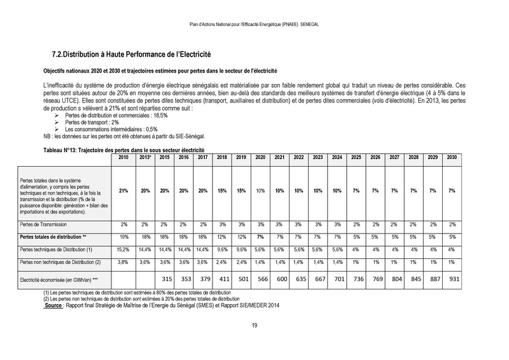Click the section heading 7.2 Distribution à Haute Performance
point(130,57)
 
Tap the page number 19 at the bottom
point(254,326)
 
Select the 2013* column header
point(145,156)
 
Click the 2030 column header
point(452,156)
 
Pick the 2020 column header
point(260,156)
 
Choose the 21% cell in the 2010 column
point(124,190)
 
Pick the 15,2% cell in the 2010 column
point(124,249)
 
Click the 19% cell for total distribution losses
point(124,237)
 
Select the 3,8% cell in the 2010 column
point(124,261)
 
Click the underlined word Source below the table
point(53,304)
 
